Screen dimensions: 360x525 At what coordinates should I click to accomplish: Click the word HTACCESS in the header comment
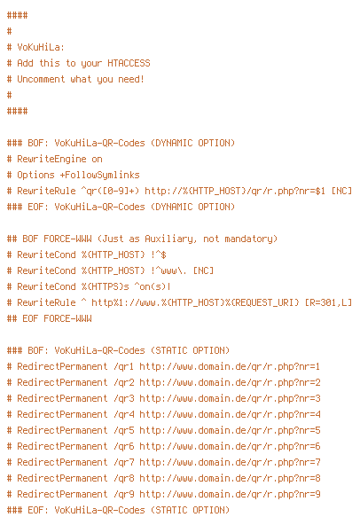[x=129, y=63]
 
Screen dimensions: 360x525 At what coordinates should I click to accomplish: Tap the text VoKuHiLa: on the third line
[x=41, y=47]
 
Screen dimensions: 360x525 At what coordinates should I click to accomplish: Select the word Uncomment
[x=41, y=79]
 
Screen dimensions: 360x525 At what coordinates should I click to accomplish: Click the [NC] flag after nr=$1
[x=341, y=191]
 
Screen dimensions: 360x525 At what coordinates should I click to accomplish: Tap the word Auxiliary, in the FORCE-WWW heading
[x=170, y=239]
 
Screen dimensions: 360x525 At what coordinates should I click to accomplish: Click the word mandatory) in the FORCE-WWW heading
[x=251, y=239]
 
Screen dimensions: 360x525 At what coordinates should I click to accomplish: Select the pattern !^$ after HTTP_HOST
[x=159, y=255]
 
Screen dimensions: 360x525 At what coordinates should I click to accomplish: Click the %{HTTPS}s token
[x=106, y=286]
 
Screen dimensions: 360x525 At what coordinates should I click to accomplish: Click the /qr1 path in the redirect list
[x=123, y=366]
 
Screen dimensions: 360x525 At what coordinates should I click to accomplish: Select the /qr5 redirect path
[x=123, y=430]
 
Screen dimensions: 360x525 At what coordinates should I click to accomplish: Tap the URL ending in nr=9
[x=230, y=494]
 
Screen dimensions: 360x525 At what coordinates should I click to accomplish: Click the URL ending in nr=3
[x=230, y=398]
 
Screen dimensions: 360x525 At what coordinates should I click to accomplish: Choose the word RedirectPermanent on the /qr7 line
[x=62, y=462]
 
